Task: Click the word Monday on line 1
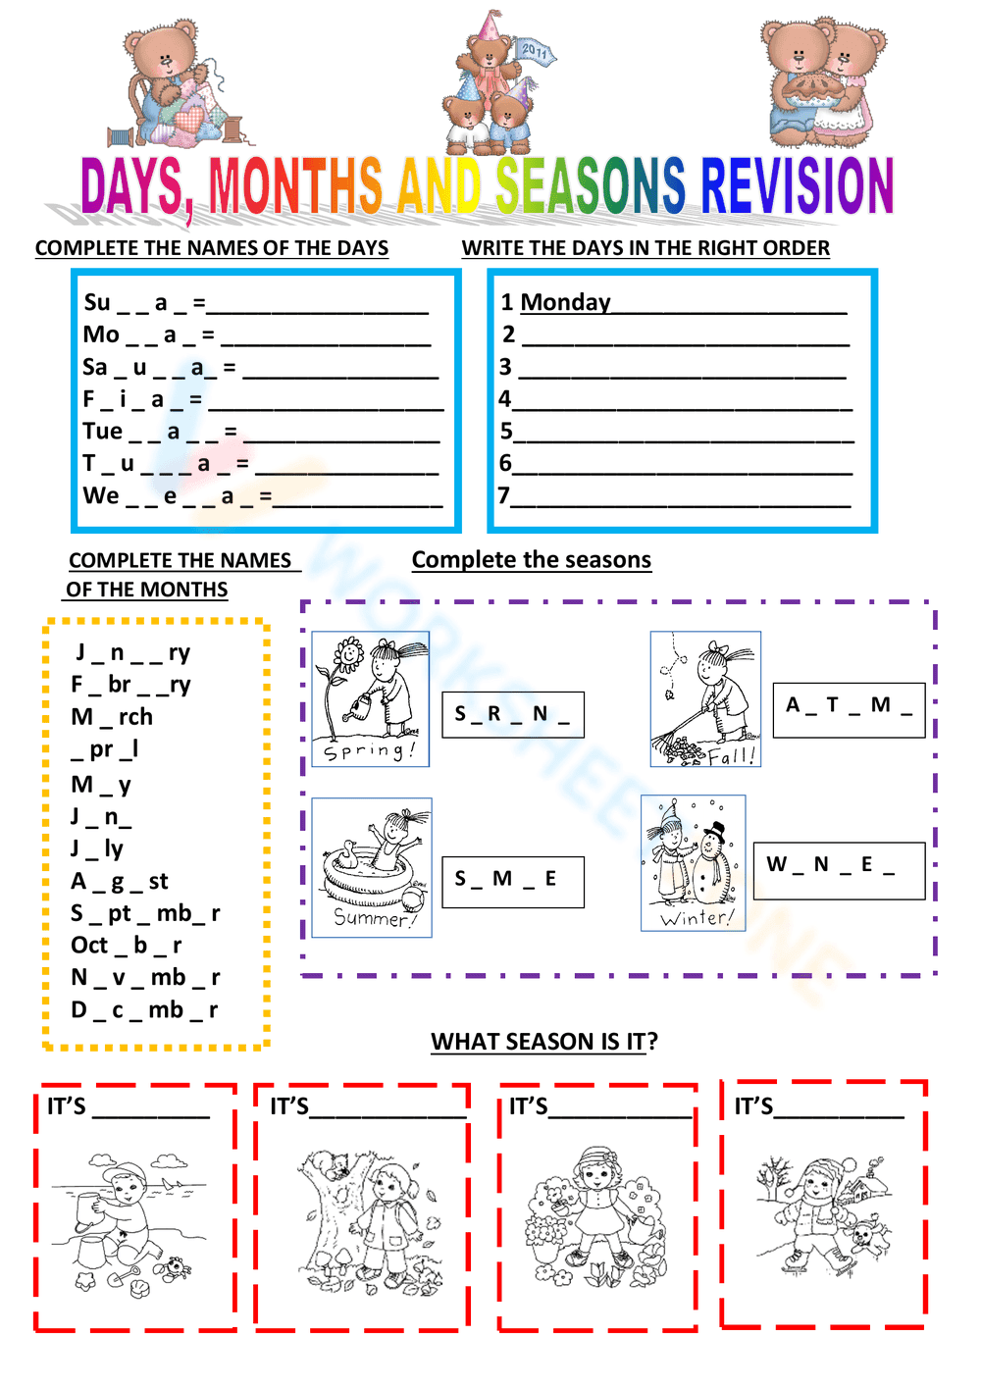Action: (565, 302)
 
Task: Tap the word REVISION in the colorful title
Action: (797, 186)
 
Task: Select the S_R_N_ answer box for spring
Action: (512, 714)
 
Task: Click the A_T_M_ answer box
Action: (849, 706)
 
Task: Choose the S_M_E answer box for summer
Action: (512, 880)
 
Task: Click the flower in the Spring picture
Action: (347, 654)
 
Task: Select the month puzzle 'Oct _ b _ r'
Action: (127, 946)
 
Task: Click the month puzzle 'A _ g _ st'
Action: (120, 881)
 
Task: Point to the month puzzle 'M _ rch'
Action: (112, 717)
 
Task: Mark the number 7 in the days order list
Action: (503, 495)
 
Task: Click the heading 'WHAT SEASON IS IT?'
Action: (543, 1041)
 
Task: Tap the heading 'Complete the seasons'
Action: (531, 559)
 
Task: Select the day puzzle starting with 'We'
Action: (177, 496)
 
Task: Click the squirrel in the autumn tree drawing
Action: (333, 1166)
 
